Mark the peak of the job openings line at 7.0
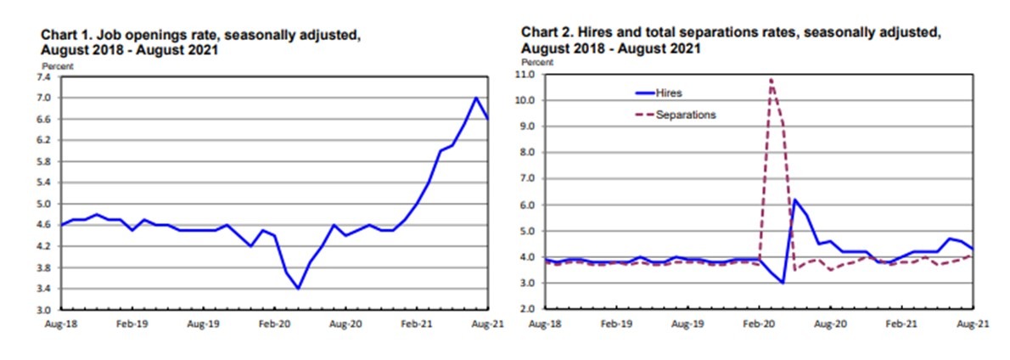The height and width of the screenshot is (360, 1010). click(x=476, y=98)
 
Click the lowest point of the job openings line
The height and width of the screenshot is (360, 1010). click(x=298, y=289)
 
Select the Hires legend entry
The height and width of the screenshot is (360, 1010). click(x=668, y=93)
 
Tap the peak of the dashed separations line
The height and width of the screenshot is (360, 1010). click(x=771, y=79)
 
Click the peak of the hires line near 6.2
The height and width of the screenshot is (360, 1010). click(x=794, y=200)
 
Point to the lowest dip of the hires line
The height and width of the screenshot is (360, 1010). click(x=783, y=283)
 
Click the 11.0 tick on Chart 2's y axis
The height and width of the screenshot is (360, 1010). click(x=526, y=75)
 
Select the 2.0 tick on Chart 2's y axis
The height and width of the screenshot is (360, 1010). click(x=526, y=309)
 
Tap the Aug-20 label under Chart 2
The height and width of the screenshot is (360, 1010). click(x=830, y=324)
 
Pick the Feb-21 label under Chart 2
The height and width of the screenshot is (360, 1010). click(x=901, y=324)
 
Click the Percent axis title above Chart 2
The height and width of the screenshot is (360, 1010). click(x=536, y=63)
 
